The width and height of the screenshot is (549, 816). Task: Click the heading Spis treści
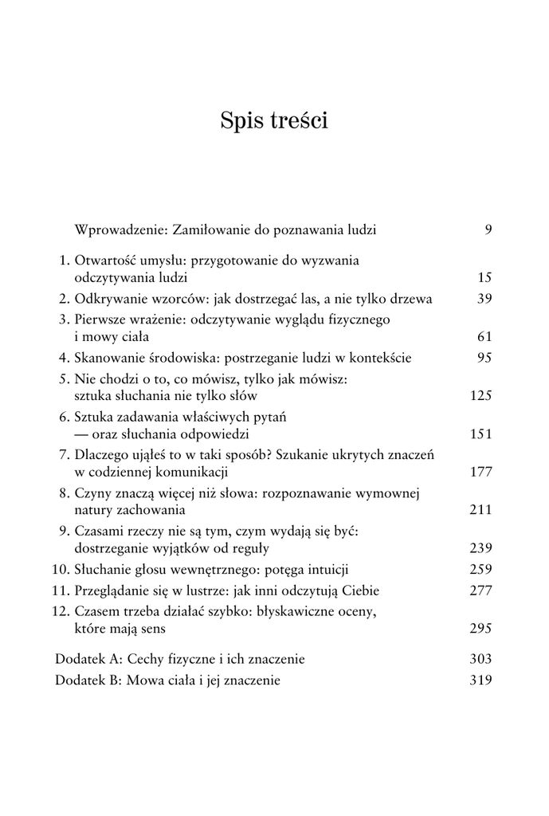[x=274, y=121]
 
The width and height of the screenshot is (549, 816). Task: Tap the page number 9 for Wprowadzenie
[x=488, y=230]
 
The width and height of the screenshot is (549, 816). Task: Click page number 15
[x=484, y=278]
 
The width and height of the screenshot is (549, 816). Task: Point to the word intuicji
[x=324, y=570]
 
